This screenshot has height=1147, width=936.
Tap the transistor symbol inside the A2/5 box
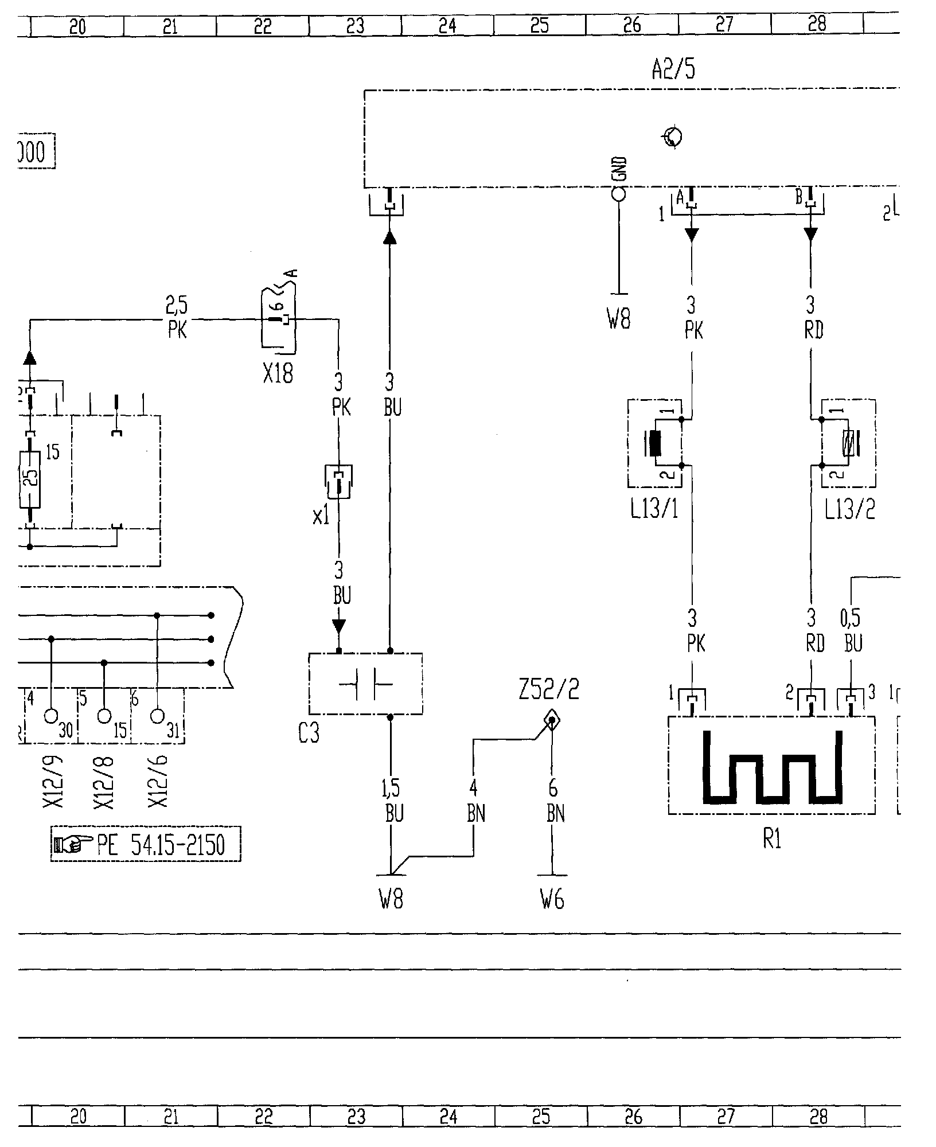[673, 137]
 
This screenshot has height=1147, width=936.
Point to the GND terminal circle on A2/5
[619, 193]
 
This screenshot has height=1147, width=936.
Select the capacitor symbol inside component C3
[365, 684]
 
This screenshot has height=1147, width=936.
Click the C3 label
[309, 734]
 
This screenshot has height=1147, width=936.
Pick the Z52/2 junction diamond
[552, 720]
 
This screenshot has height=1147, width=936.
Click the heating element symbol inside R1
[771, 766]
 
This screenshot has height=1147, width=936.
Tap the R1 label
[771, 840]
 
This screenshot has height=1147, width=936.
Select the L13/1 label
[654, 509]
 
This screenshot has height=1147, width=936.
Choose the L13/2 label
[849, 509]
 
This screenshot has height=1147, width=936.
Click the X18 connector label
[278, 374]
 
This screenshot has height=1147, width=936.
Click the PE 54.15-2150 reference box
[146, 844]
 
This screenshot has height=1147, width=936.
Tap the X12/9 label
[53, 782]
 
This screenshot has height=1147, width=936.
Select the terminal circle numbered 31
[157, 716]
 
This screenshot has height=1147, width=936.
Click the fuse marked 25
[30, 479]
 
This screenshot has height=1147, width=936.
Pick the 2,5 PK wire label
[177, 318]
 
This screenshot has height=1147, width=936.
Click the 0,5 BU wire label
[852, 631]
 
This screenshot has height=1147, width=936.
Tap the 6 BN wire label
[554, 801]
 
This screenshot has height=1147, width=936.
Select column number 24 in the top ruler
[447, 26]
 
